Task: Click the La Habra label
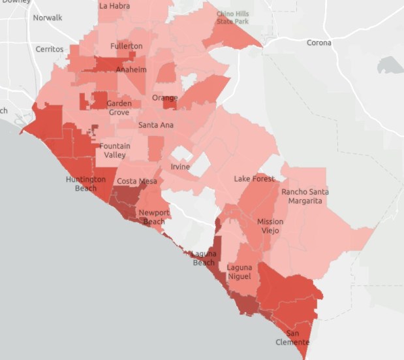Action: click(x=114, y=6)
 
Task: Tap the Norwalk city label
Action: click(x=48, y=18)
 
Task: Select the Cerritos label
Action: click(x=50, y=49)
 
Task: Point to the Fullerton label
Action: click(x=126, y=46)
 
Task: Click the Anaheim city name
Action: click(x=131, y=69)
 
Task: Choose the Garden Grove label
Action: click(x=119, y=108)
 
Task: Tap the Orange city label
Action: click(x=164, y=98)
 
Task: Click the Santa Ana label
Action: click(x=155, y=125)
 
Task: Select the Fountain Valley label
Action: click(x=115, y=150)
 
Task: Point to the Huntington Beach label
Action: click(x=85, y=184)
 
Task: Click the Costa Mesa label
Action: click(x=132, y=181)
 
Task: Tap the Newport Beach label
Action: click(x=154, y=217)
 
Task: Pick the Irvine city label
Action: click(x=180, y=167)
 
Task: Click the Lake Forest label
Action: click(x=255, y=178)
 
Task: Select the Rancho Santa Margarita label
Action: click(x=305, y=196)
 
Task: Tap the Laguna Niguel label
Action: click(x=240, y=272)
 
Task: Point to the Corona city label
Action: click(x=319, y=43)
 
